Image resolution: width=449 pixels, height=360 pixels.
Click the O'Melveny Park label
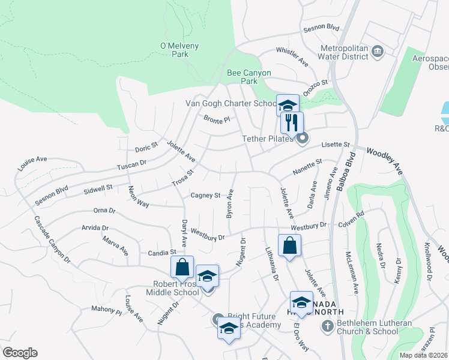(179, 50)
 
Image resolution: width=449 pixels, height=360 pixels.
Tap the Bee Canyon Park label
(249, 77)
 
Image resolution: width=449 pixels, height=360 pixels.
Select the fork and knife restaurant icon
(292, 123)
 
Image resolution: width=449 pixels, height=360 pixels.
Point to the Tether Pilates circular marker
(303, 139)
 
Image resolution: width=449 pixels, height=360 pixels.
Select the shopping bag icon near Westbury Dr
(289, 245)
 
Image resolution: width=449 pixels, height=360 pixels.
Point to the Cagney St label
(206, 196)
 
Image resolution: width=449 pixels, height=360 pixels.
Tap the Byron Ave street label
(229, 203)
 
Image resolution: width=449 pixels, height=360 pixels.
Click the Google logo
(19, 353)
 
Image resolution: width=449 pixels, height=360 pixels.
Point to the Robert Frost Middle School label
(172, 288)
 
